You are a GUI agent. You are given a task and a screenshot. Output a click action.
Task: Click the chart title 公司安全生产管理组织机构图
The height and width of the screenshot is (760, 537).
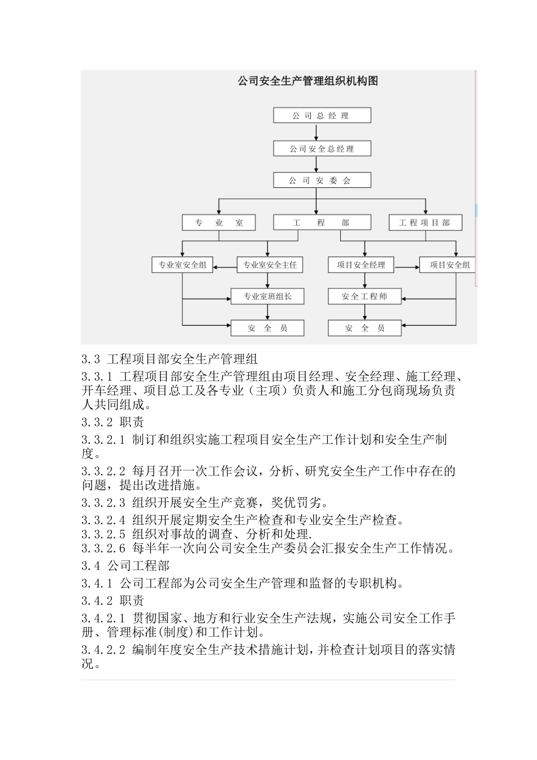pos(308,81)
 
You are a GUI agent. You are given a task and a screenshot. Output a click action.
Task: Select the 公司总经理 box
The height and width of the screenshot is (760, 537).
pos(322,115)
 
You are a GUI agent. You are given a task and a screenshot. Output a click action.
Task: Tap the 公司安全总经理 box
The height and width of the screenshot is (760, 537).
pos(322,149)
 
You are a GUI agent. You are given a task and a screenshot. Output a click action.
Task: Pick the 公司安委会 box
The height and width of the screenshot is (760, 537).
pos(322,180)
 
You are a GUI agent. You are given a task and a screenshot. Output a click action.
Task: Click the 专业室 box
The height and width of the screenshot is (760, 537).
pos(219,222)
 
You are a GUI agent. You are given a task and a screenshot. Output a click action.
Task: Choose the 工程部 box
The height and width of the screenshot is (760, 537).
pos(322,222)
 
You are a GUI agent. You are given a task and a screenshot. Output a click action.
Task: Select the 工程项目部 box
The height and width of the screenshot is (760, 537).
pos(425,222)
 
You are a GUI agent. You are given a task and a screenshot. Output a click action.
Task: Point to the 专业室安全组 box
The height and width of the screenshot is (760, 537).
pos(182,265)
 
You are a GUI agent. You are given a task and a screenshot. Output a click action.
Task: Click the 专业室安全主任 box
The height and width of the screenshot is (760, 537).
pos(270,265)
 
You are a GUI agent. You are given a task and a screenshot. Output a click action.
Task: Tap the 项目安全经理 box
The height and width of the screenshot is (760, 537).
pos(361,265)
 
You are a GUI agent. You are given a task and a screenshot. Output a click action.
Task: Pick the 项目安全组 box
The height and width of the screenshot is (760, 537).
pos(448,265)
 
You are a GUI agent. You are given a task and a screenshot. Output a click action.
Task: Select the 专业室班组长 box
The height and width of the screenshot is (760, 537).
pos(267,296)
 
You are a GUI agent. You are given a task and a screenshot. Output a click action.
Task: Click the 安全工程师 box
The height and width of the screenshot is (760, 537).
pos(365,296)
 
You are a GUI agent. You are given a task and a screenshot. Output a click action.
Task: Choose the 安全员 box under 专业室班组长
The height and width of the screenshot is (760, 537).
pos(267,328)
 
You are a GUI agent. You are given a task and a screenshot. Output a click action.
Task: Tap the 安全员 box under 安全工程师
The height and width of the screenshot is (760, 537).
pos(365,328)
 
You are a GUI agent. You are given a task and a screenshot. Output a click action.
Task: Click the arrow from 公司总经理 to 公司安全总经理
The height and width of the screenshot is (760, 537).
pos(317,132)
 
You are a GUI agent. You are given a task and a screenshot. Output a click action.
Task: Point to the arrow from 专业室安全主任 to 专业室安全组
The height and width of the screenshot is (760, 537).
pos(225,265)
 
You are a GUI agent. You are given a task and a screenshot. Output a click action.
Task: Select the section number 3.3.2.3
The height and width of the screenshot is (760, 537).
pos(103,503)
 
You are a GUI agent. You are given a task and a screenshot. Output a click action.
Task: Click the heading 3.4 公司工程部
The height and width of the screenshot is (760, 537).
pos(125,565)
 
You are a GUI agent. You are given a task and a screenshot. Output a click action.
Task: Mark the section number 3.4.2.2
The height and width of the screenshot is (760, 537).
pos(103,650)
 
